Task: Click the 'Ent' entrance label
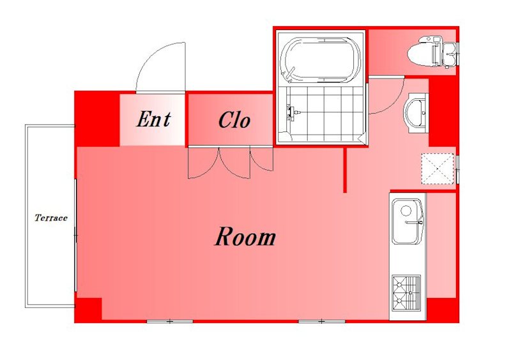(153, 119)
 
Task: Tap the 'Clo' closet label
(234, 120)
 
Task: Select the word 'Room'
(245, 237)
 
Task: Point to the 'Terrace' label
(51, 218)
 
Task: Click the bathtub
(321, 60)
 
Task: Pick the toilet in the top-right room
(433, 52)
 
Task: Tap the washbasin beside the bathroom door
(415, 113)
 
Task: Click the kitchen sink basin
(408, 221)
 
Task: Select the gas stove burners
(406, 292)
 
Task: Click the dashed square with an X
(438, 169)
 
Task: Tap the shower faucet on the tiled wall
(292, 112)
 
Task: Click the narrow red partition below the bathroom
(345, 170)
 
